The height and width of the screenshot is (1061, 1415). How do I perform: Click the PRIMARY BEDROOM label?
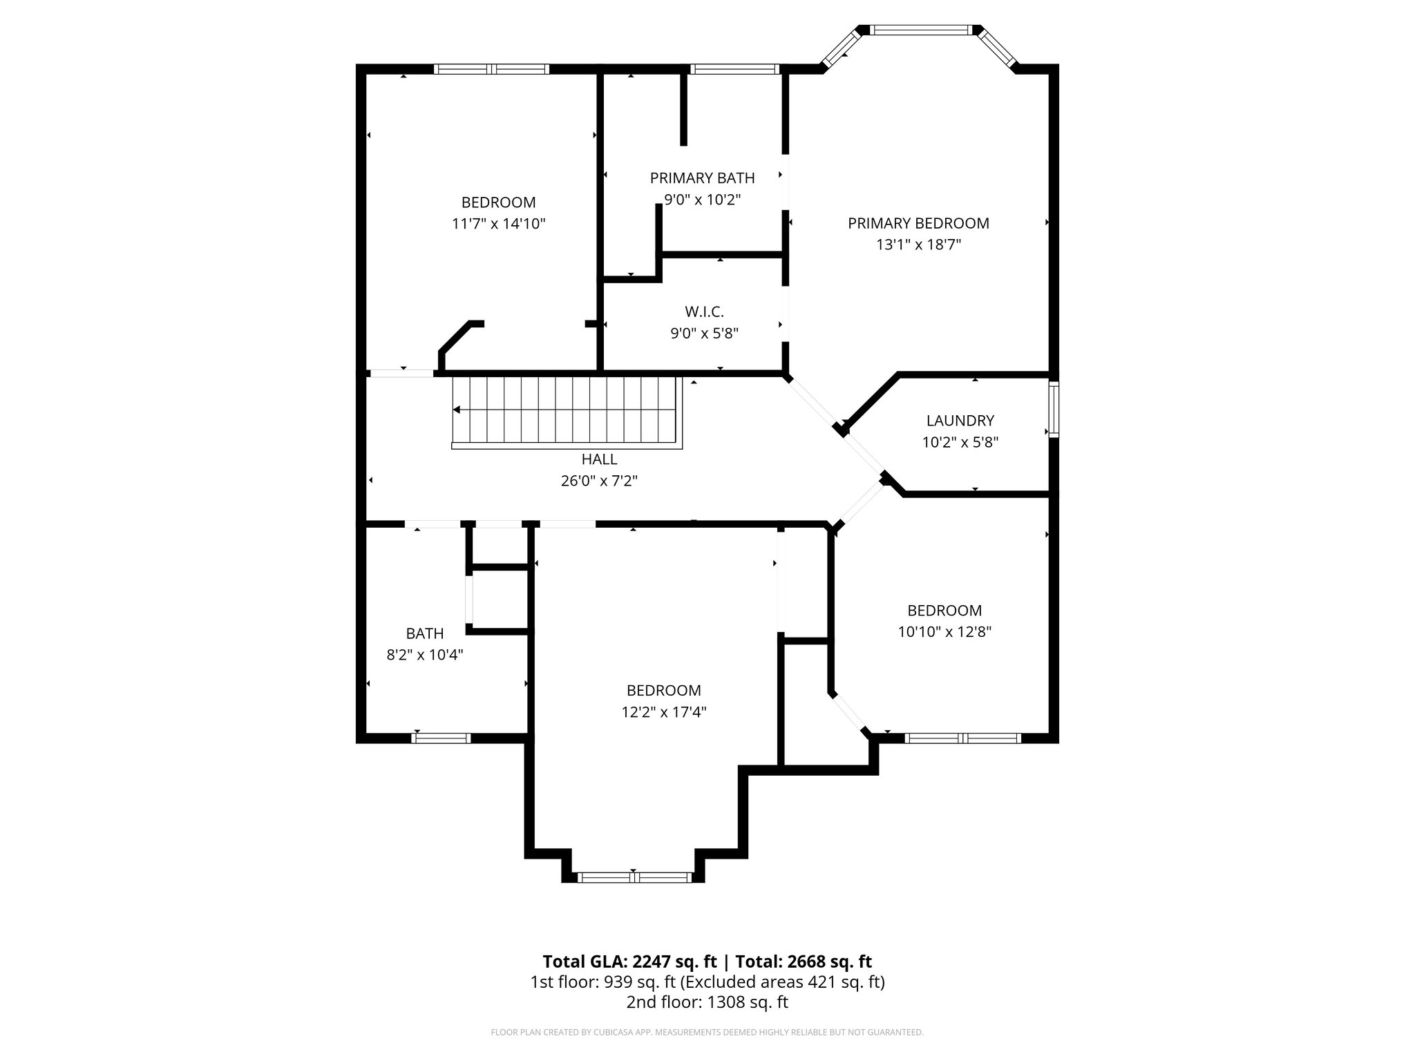918,223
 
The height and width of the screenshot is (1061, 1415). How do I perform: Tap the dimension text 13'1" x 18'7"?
918,245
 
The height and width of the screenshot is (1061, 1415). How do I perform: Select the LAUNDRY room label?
960,421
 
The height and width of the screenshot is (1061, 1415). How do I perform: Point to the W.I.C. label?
704,312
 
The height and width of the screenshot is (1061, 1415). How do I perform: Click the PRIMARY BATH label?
702,178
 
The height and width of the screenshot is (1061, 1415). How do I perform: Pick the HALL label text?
599,459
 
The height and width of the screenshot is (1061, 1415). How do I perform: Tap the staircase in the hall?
563,410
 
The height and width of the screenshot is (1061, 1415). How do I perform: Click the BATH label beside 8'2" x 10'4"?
424,633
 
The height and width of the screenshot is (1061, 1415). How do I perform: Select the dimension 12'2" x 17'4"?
663,711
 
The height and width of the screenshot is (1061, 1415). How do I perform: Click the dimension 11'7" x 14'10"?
498,224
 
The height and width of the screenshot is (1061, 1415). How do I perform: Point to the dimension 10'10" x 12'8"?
944,631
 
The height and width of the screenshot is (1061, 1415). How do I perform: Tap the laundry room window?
1053,410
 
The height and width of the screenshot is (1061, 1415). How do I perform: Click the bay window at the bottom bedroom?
634,877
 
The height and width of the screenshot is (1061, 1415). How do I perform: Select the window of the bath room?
441,738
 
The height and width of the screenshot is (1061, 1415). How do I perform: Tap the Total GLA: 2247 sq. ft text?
629,962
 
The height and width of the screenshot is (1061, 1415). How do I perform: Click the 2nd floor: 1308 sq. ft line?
707,1002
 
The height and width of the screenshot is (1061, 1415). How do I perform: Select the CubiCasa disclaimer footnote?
707,1033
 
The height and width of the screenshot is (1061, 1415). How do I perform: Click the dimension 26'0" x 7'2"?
599,481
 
